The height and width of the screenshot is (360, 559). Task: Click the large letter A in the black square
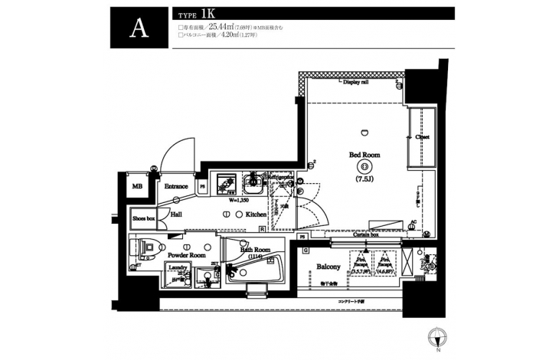coord(139,28)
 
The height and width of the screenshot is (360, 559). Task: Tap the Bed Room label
coord(361,154)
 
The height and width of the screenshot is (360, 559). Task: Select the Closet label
coord(423,137)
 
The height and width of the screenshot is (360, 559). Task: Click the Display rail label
coord(356,81)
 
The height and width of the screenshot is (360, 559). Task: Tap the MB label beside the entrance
coord(137,186)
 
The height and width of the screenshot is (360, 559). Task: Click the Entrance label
coord(177,186)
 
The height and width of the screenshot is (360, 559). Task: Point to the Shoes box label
coord(144,218)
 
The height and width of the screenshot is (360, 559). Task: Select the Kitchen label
coord(256,214)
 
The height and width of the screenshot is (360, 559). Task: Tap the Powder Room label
coord(187,254)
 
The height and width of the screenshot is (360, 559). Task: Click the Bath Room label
coord(255,250)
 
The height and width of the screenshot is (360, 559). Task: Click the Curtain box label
coord(365,234)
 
